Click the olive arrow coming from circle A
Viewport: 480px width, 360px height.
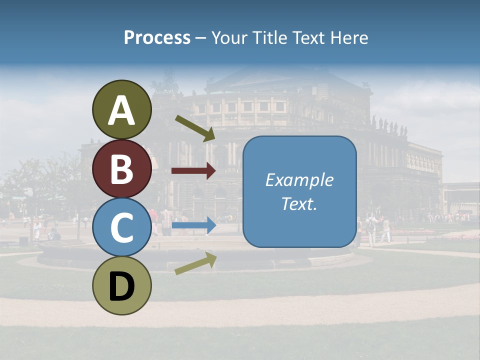(x=195, y=128)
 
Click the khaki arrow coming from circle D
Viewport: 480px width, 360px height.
(x=195, y=263)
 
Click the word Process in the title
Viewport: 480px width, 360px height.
(x=157, y=38)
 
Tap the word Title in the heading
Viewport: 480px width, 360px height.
(x=266, y=38)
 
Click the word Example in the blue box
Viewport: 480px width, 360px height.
(x=299, y=180)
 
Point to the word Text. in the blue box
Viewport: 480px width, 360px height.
(x=299, y=203)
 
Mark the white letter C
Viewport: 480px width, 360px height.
(x=121, y=228)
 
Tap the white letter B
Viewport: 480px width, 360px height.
(x=121, y=169)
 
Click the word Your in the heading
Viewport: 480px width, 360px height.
(x=228, y=38)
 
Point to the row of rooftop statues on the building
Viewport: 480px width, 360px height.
(x=389, y=126)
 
